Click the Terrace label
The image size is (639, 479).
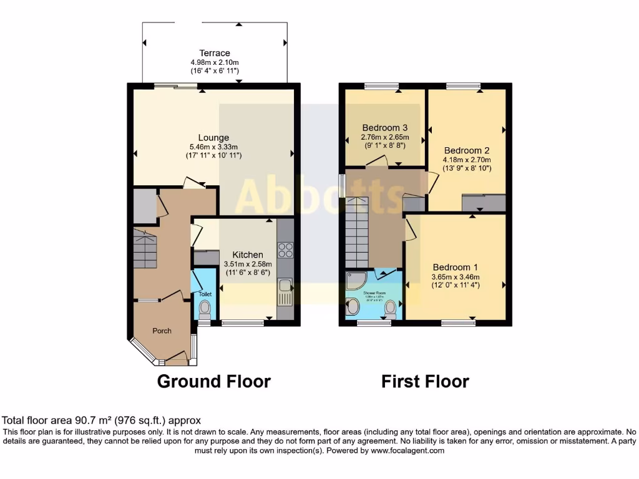(215, 53)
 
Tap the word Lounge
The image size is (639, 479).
(213, 137)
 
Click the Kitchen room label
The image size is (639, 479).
(248, 254)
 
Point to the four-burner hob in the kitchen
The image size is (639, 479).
(285, 249)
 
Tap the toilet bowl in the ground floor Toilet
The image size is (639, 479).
(204, 308)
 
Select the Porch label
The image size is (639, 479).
(162, 331)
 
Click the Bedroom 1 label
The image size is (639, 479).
(455, 268)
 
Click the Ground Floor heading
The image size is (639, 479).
(213, 381)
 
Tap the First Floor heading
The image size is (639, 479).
(425, 381)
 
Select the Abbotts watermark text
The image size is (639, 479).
(319, 195)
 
